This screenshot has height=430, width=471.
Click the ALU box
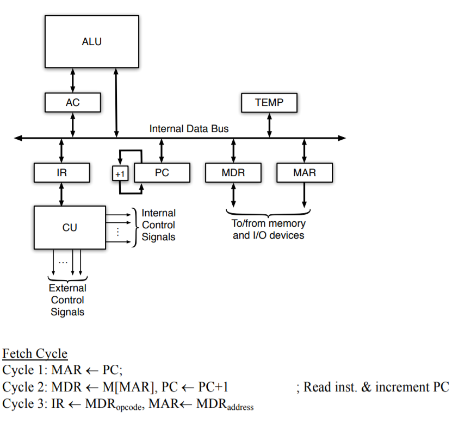click(92, 41)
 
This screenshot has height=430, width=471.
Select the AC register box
click(72, 102)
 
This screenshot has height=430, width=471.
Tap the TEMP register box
click(269, 102)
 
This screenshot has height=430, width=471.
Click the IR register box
click(61, 173)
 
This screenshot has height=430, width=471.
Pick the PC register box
click(162, 173)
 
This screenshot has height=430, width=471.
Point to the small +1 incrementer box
click(120, 173)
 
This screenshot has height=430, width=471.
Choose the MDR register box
click(233, 173)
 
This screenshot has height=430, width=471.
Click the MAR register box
click(304, 173)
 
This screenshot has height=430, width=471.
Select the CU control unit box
click(70, 228)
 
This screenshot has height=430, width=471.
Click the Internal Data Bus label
click(189, 129)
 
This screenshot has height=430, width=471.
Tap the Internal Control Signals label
click(158, 225)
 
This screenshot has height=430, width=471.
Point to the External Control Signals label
click(67, 300)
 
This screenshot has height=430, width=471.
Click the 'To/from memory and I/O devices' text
click(269, 229)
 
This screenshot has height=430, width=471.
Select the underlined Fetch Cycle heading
click(35, 354)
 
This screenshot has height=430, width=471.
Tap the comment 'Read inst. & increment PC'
click(376, 388)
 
